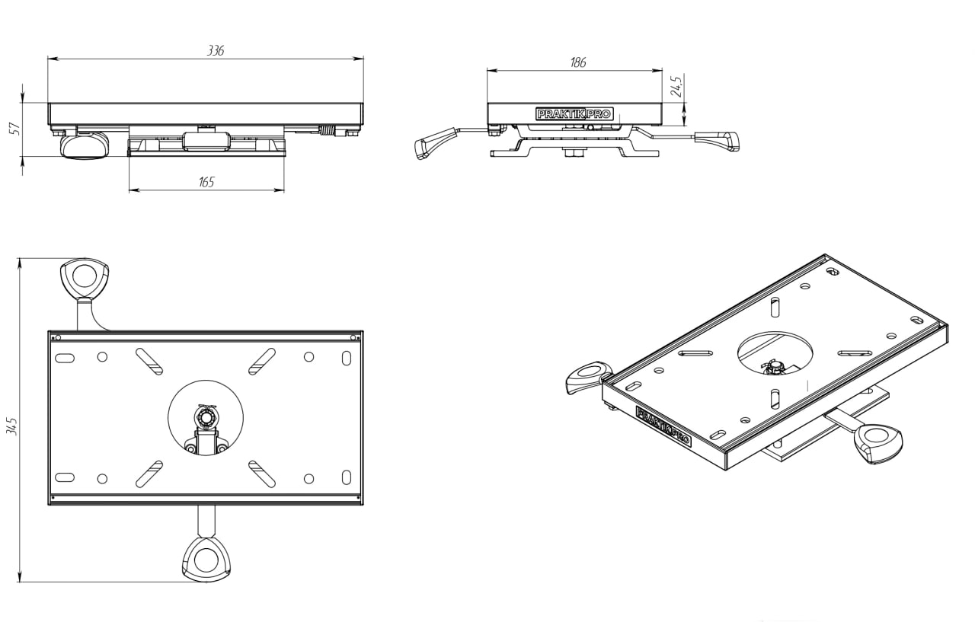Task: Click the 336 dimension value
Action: pyautogui.click(x=216, y=50)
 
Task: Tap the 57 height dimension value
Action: pyautogui.click(x=14, y=129)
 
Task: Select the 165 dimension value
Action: pyautogui.click(x=206, y=182)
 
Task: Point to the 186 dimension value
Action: pyautogui.click(x=578, y=62)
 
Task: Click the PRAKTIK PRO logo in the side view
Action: pyautogui.click(x=574, y=113)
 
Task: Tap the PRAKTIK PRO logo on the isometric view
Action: pyautogui.click(x=663, y=427)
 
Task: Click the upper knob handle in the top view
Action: pyautogui.click(x=84, y=277)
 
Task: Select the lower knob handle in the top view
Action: pyautogui.click(x=206, y=559)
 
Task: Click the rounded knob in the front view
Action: pyautogui.click(x=83, y=145)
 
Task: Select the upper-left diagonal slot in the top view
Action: pyautogui.click(x=149, y=361)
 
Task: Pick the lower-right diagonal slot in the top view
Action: pyautogui.click(x=262, y=473)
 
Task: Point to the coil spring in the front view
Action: pyautogui.click(x=328, y=130)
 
